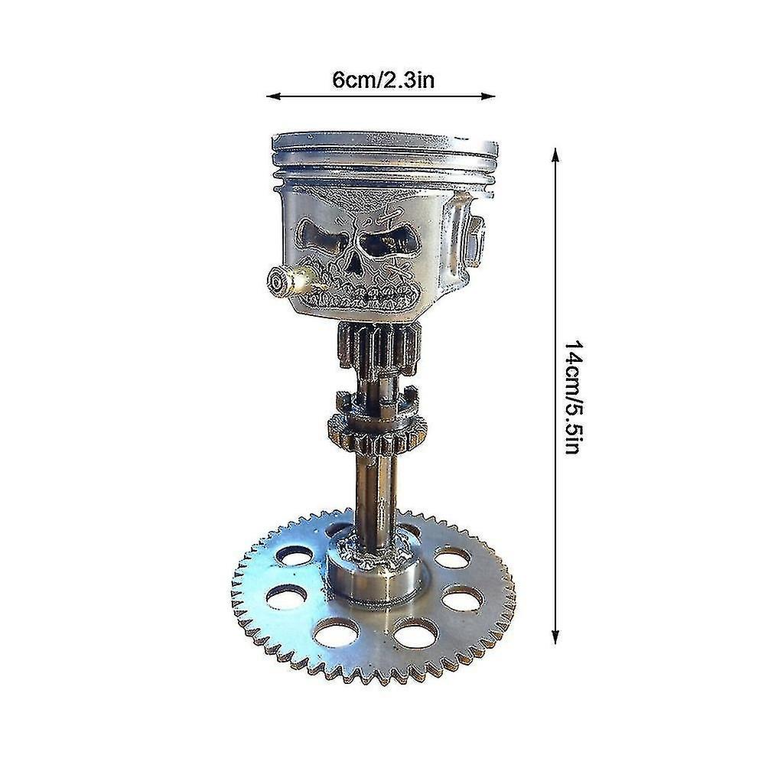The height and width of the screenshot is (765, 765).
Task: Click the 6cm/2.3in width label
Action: pyautogui.click(x=383, y=80)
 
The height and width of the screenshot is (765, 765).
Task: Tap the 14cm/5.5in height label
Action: pyautogui.click(x=572, y=397)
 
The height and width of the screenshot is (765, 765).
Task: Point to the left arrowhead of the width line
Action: pyautogui.click(x=273, y=96)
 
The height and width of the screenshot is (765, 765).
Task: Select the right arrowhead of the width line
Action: pyautogui.click(x=488, y=96)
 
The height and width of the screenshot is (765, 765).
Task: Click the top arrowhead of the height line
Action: pyautogui.click(x=555, y=155)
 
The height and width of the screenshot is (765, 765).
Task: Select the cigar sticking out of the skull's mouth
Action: pyautogui.click(x=291, y=280)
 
